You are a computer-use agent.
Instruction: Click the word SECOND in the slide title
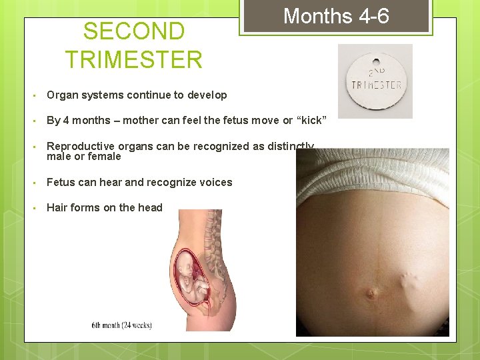(x=134, y=31)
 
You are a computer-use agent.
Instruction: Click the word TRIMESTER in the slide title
(x=134, y=59)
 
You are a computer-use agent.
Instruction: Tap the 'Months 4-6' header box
(x=336, y=16)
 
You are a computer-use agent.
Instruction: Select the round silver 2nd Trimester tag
(x=375, y=81)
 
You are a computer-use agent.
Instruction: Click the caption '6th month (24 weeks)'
(x=121, y=325)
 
